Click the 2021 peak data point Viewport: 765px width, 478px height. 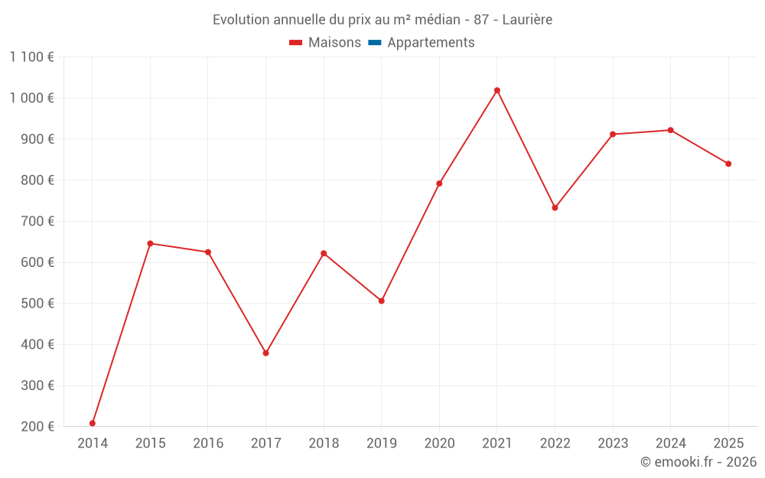click(x=497, y=90)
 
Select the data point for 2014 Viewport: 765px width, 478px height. click(x=93, y=423)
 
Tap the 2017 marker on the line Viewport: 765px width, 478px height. click(x=266, y=353)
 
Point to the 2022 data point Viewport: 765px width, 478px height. click(x=555, y=207)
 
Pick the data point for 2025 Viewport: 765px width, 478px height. click(x=728, y=164)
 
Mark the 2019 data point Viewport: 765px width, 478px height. click(x=382, y=301)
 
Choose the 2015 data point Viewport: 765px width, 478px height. click(x=150, y=243)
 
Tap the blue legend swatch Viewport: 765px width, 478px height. click(x=374, y=43)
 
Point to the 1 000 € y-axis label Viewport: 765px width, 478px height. click(x=32, y=98)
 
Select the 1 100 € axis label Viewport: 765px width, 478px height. click(x=32, y=57)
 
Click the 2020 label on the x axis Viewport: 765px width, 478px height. click(x=439, y=444)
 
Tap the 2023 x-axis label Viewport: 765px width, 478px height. click(x=613, y=444)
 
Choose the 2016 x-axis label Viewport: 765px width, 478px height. click(x=208, y=444)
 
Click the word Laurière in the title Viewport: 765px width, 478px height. click(x=528, y=20)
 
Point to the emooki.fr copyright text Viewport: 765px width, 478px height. click(x=698, y=462)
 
